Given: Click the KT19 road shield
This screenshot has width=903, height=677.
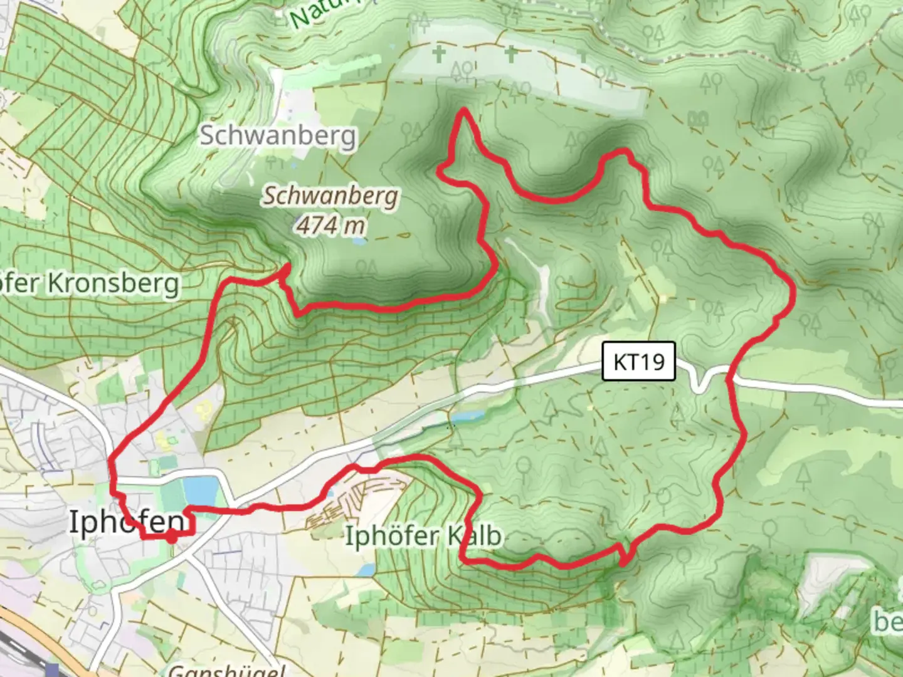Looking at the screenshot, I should click(638, 361).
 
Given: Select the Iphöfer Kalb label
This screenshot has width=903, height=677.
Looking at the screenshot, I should click(424, 536).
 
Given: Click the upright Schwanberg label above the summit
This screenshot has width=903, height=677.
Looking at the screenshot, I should click(278, 135).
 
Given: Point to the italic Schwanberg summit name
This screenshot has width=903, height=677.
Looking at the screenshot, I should click(330, 196).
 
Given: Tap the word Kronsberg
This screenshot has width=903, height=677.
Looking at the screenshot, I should click(114, 283).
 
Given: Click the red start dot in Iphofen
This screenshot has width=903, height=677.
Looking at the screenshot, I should click(171, 537).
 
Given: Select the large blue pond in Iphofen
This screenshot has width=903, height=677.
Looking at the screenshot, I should click(201, 490).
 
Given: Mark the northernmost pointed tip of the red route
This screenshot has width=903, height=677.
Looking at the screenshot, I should click(463, 110).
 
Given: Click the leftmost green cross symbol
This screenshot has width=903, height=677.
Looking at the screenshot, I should click(439, 54).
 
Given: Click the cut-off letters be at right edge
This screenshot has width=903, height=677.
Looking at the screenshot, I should click(889, 621).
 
